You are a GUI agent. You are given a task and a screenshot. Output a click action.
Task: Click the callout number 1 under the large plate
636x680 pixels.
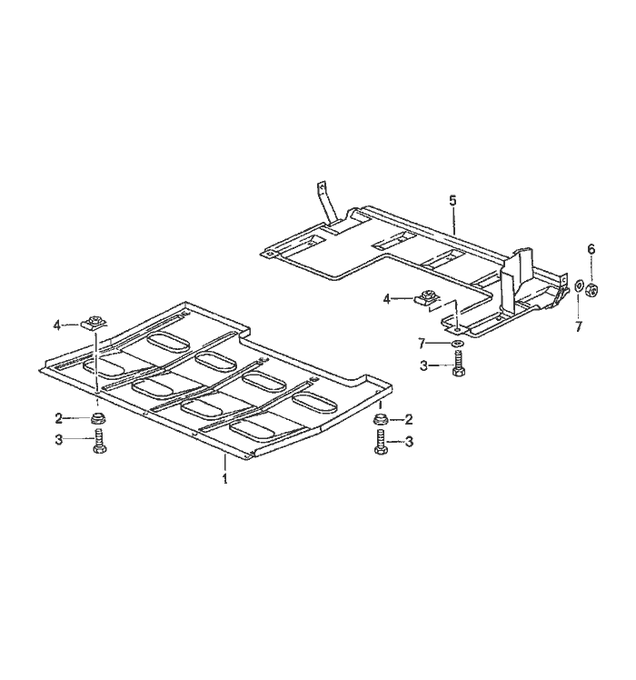pyautogui.click(x=224, y=479)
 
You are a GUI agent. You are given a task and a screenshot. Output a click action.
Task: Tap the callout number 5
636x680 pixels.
pyautogui.click(x=452, y=201)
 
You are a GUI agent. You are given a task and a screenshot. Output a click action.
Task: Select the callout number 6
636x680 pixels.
pyautogui.click(x=591, y=249)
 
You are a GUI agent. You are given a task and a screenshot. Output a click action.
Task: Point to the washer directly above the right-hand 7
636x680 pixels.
pyautogui.click(x=579, y=286)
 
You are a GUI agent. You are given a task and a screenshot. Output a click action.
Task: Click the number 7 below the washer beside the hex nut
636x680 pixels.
pyautogui.click(x=579, y=326)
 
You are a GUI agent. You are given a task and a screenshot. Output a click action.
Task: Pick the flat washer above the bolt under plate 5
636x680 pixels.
pyautogui.click(x=457, y=344)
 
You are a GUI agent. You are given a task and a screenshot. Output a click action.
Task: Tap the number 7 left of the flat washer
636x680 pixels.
pyautogui.click(x=421, y=343)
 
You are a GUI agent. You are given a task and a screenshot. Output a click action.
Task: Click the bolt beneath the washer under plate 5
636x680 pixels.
pyautogui.click(x=457, y=365)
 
